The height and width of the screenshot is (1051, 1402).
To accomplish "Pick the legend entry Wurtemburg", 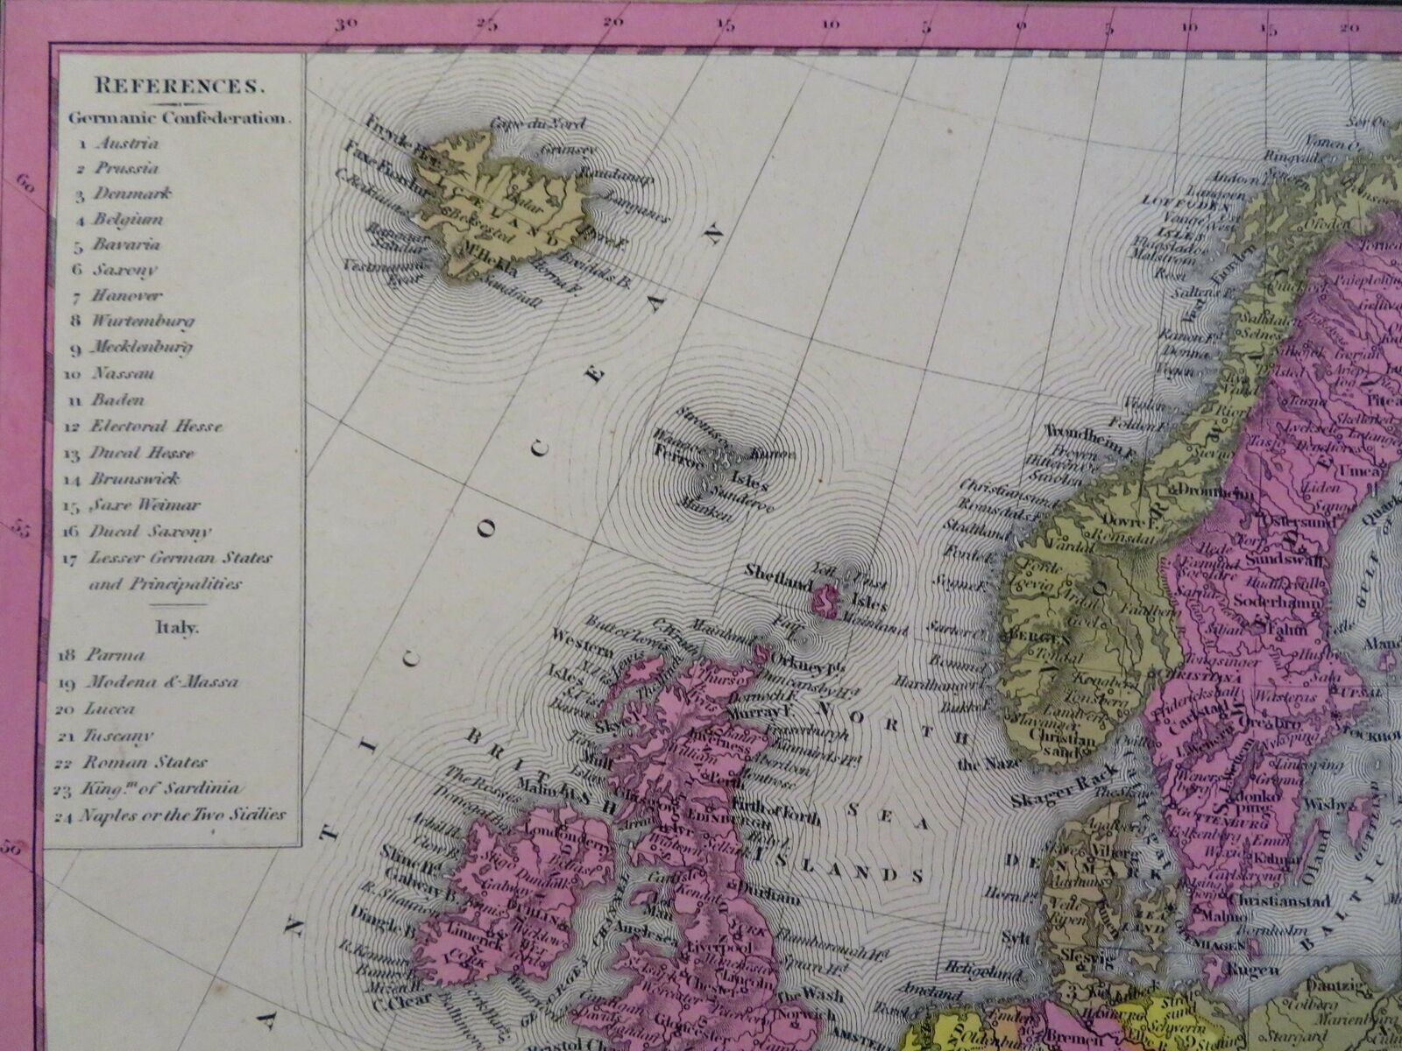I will point(142,321).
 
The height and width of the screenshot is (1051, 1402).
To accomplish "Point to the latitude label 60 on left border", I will point(25,183).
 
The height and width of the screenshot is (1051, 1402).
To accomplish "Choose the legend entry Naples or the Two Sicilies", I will point(188,815).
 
